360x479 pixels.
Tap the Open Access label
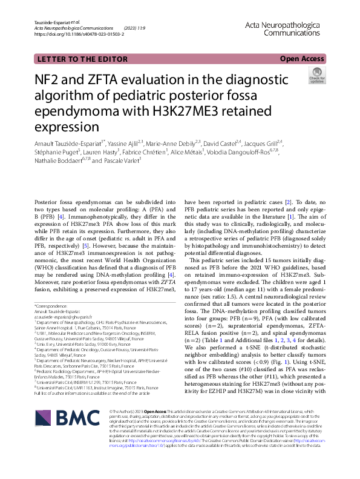coord(302,58)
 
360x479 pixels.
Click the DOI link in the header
coord(79,35)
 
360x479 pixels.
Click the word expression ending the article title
coord(70,128)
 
